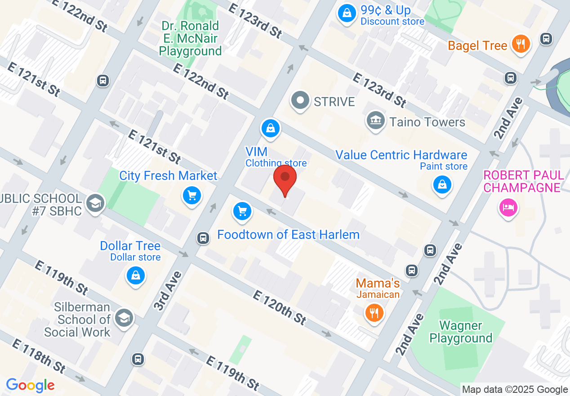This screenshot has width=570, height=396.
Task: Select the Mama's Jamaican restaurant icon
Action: pos(374,311)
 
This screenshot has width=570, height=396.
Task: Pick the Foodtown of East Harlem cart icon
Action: pos(242,211)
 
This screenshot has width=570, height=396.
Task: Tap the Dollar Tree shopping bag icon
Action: pos(136,275)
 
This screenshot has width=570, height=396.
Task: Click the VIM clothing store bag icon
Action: pos(271,128)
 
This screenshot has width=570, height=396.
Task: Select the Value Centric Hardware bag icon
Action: pos(442,184)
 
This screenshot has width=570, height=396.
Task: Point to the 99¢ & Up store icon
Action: pos(347,13)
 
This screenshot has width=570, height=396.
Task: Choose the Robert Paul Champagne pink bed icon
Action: pos(508,207)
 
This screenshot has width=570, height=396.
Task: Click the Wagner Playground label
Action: pos(461,332)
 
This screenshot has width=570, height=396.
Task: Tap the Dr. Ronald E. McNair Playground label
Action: pos(191,39)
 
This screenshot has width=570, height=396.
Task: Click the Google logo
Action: pos(30,385)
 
